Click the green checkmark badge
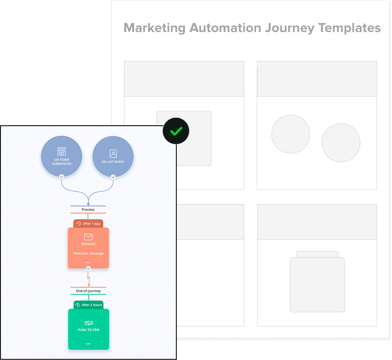tap(176, 131)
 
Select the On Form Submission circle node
tap(61, 156)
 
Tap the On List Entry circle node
tap(113, 156)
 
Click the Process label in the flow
tap(88, 210)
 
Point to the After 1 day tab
tap(88, 224)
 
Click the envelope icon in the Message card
tap(88, 237)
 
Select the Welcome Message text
tap(88, 254)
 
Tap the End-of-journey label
tap(88, 291)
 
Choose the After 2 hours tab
tap(88, 305)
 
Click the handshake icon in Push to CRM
tap(88, 323)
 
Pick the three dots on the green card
tap(88, 344)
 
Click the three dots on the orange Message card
tap(88, 262)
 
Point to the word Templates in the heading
tap(349, 28)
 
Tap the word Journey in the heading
tap(290, 28)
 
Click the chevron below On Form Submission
tap(61, 177)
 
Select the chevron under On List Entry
tap(113, 177)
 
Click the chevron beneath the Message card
tap(88, 269)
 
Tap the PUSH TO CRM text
tap(88, 330)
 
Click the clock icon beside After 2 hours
tap(77, 305)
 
